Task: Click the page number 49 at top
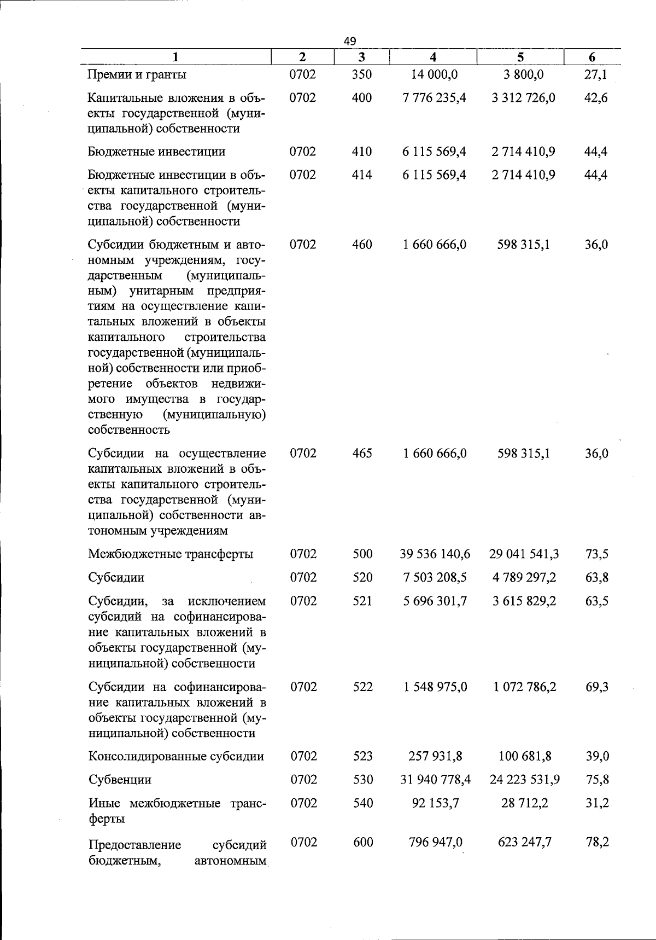tap(350, 40)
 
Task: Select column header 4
tap(433, 57)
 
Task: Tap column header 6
tap(592, 57)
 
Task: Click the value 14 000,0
tap(435, 74)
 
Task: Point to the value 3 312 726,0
tap(523, 98)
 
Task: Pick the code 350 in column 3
tap(362, 74)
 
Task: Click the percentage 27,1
tap(596, 74)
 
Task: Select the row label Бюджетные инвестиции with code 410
tap(156, 152)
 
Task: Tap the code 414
tap(362, 175)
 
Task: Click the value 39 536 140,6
tap(435, 554)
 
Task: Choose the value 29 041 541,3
tap(524, 554)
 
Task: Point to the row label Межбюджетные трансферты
tap(171, 554)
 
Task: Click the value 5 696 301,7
tap(435, 601)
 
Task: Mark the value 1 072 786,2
tap(524, 687)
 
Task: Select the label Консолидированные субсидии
tap(176, 757)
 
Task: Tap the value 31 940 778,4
tap(435, 780)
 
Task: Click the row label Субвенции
tap(120, 780)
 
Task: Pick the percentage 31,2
tap(596, 803)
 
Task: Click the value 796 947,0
tap(436, 842)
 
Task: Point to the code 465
tap(362, 454)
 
